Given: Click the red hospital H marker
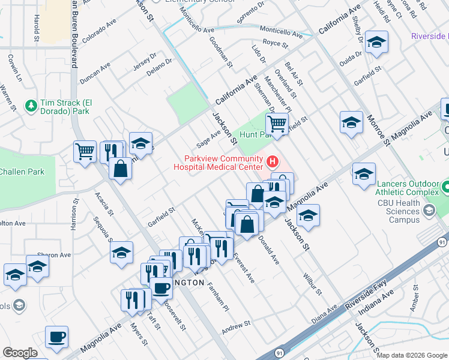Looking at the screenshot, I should (273, 161).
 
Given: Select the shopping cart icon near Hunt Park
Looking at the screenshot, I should (277, 124).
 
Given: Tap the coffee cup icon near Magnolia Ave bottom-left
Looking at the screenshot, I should (56, 337).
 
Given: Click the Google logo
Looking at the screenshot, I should (20, 353).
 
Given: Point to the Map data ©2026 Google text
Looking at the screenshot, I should (411, 355).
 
